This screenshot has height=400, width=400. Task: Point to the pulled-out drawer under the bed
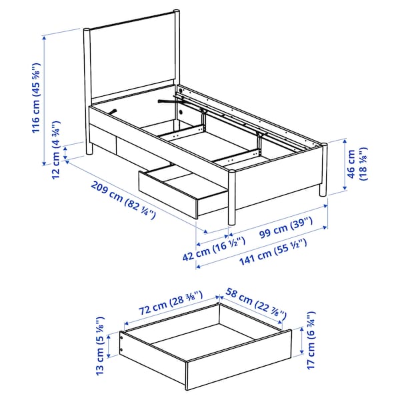click(x=180, y=190)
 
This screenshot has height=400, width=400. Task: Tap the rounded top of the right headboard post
click(x=177, y=11)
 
